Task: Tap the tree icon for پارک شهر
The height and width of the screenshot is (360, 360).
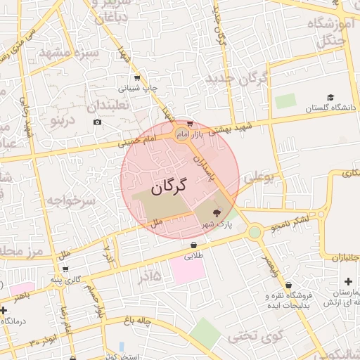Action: (217, 212)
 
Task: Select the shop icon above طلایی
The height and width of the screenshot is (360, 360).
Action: (193, 245)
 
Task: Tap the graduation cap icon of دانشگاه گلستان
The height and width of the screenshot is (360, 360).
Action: (330, 98)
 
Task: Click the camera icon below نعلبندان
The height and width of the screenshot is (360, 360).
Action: (97, 122)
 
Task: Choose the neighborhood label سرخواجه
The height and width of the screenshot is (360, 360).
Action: (70, 201)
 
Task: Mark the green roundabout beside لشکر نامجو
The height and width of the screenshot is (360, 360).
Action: (255, 231)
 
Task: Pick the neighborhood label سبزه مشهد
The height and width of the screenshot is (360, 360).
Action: (69, 53)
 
